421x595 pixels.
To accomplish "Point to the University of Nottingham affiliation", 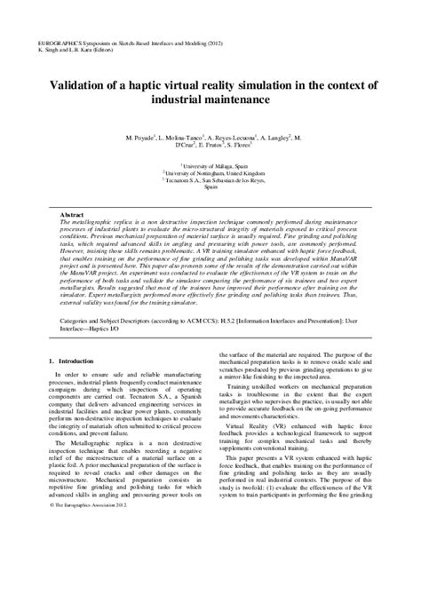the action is [x=211, y=171].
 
